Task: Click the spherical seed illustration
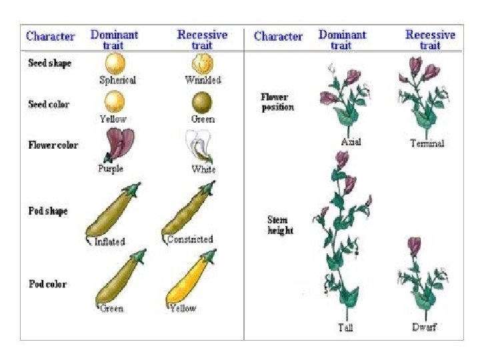tap(116, 64)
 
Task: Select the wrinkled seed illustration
tap(203, 63)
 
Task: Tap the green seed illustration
tap(203, 102)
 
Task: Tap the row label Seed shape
tap(49, 64)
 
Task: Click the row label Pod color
tap(47, 285)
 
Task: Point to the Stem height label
tap(280, 225)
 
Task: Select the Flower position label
tap(277, 102)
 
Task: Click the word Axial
tap(351, 142)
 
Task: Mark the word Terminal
tap(427, 143)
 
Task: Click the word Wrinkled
tap(203, 80)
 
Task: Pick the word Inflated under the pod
tap(109, 241)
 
